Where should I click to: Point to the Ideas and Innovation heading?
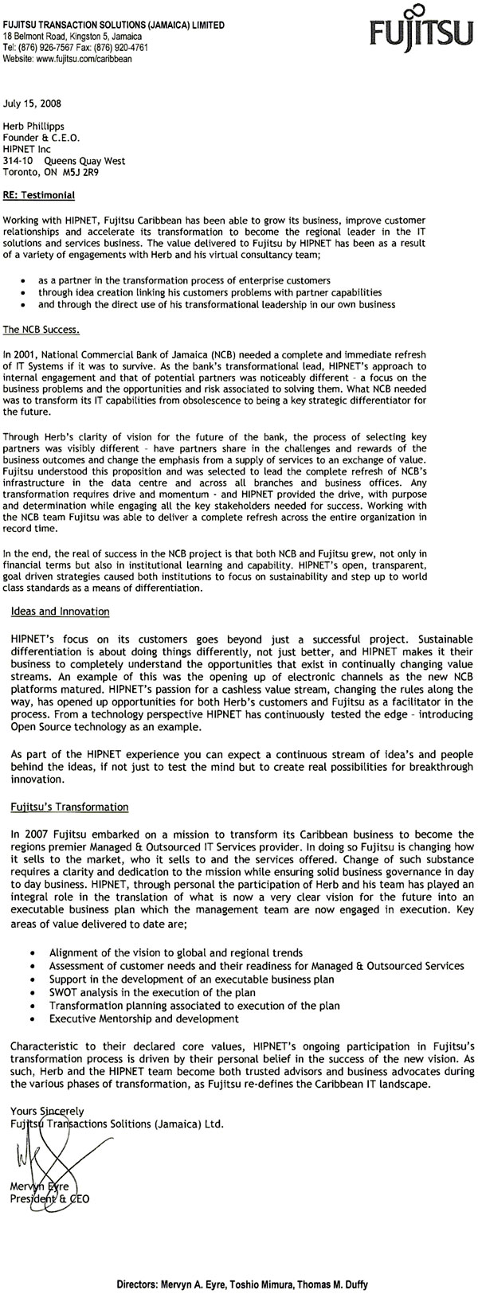(x=61, y=612)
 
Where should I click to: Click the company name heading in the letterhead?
(x=114, y=25)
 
